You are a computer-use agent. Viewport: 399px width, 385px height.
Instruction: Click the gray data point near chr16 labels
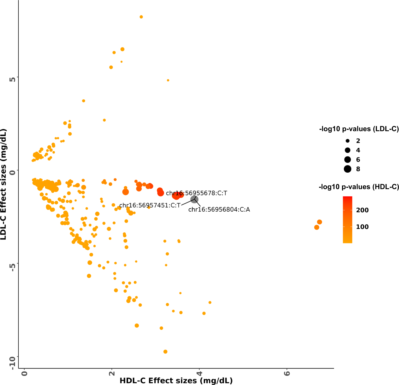194,199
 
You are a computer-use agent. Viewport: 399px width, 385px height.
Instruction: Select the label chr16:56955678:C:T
196,193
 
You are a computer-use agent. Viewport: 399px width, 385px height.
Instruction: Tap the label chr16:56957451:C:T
150,205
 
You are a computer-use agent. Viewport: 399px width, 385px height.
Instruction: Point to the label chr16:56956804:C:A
219,210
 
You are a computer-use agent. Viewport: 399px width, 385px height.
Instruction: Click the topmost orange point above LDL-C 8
141,17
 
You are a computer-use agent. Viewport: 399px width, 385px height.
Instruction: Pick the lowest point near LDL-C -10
165,352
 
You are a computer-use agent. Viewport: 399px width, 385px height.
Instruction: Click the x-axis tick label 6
287,373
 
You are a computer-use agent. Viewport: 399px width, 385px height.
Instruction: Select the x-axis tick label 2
112,373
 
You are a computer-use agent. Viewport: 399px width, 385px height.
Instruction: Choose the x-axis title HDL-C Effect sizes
176,380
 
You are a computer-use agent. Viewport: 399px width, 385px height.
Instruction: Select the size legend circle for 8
347,169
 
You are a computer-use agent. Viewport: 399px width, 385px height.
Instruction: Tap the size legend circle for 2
347,141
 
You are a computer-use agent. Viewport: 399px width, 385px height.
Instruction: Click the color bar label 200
362,210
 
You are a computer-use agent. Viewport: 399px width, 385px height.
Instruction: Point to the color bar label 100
362,227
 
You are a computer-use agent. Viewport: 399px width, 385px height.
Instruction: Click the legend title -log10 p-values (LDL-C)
359,129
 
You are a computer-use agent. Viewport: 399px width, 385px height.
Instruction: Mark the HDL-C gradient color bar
347,220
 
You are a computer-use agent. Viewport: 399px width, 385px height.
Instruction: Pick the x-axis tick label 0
24,373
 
